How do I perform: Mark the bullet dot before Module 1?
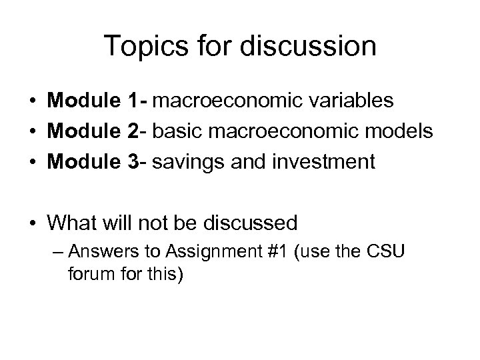(32, 102)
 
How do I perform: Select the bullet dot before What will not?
(32, 222)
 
